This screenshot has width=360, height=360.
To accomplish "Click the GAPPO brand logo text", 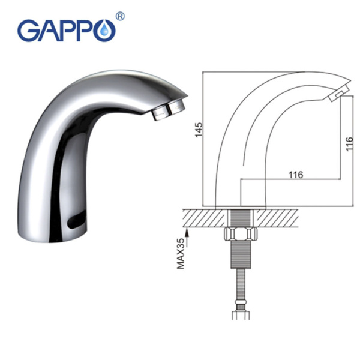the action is click(67, 31).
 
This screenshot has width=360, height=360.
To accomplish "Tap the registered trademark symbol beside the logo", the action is click(119, 16).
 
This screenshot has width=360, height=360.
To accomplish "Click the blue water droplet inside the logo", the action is click(106, 31).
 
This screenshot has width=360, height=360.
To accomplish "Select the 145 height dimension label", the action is click(199, 130).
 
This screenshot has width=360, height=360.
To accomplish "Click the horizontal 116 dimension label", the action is click(296, 175).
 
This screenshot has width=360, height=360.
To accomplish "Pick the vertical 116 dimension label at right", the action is click(349, 144).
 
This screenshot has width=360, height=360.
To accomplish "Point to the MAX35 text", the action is click(181, 253).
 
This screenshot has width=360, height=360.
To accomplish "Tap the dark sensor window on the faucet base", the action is click(76, 220).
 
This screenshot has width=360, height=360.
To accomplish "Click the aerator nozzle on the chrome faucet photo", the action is click(169, 110).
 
